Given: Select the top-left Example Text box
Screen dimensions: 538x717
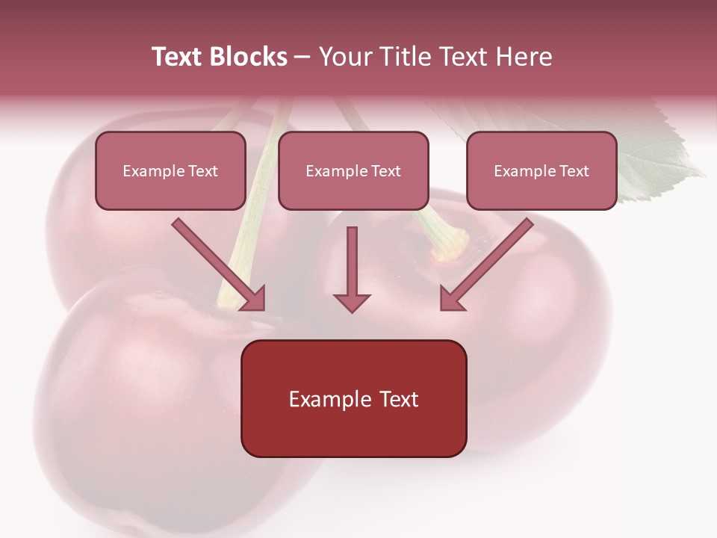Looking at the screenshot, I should click(170, 170).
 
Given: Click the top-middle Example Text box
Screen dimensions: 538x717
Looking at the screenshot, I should click(353, 170).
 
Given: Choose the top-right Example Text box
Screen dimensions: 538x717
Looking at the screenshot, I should click(541, 170).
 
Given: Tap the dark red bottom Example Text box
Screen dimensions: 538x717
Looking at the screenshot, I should click(353, 398).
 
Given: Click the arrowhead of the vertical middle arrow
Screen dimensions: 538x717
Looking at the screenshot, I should click(352, 301).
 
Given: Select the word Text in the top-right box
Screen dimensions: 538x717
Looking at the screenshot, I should click(574, 170).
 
